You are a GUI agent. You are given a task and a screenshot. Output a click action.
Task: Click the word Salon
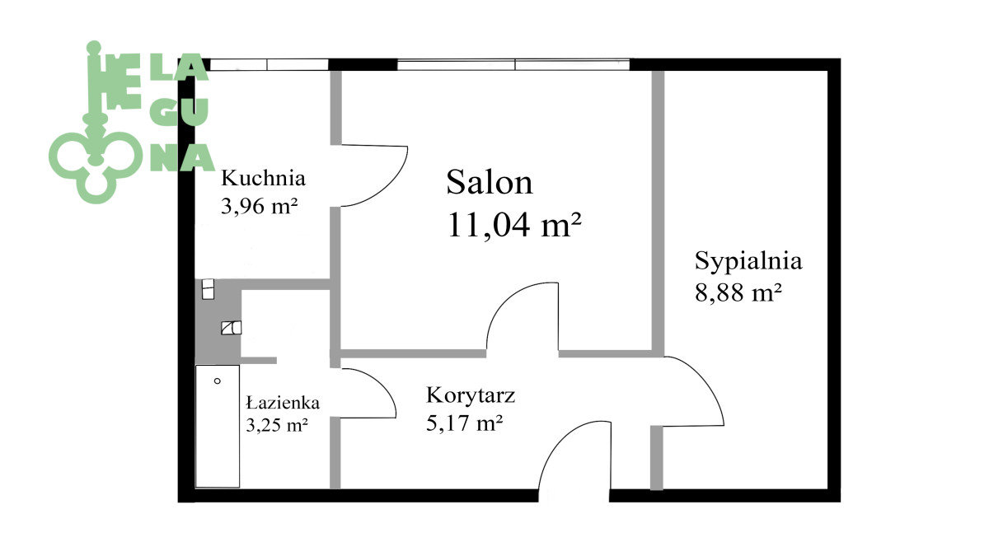tap(490, 182)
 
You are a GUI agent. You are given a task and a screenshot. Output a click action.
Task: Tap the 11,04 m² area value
tap(514, 225)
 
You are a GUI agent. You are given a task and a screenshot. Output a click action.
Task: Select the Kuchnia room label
tap(263, 178)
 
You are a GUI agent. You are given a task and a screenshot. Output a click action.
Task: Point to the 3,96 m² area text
tap(259, 206)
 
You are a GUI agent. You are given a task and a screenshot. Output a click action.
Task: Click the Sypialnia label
tap(748, 262)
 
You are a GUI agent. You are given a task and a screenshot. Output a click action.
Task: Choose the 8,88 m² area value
tap(738, 292)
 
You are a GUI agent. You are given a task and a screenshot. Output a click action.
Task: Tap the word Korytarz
tap(471, 395)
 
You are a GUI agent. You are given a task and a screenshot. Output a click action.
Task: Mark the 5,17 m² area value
tap(465, 423)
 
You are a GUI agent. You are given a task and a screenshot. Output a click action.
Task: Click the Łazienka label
tap(283, 403)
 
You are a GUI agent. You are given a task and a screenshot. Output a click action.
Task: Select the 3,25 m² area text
tap(277, 425)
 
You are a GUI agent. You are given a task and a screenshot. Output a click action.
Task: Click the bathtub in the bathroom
tap(218, 427)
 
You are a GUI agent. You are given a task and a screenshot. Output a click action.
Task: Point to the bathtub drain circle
tap(218, 381)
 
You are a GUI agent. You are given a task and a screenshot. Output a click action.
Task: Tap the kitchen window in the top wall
tap(269, 64)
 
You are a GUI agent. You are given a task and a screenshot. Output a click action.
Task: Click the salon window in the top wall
tap(513, 64)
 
